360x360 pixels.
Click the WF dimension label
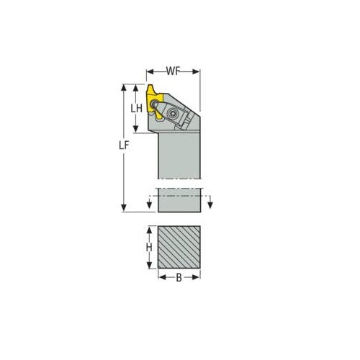(x=173, y=72)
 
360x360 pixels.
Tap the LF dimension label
(x=124, y=146)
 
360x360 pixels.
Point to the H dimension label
(x=149, y=248)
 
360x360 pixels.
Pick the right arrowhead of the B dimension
(x=197, y=277)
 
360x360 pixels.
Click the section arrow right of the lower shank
(x=210, y=206)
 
